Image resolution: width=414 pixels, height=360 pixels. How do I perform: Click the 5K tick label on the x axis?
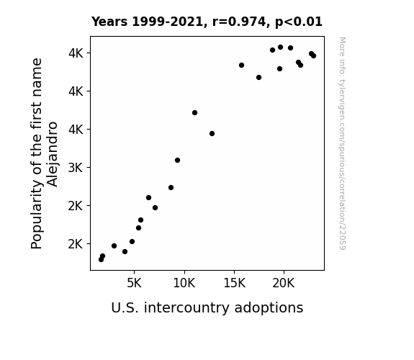tap(134, 284)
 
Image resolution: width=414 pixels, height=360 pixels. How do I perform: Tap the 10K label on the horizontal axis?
tap(184, 284)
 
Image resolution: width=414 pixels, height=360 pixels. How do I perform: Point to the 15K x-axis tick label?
tap(234, 284)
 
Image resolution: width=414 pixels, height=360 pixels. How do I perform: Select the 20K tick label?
tap(283, 284)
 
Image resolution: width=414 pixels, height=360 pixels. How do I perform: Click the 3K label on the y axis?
tap(76, 168)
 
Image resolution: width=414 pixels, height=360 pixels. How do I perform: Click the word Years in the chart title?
tap(109, 22)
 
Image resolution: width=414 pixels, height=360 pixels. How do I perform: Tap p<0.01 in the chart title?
tap(299, 22)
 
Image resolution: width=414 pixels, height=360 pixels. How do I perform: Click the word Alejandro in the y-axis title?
tap(53, 154)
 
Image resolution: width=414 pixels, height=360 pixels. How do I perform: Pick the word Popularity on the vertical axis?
tap(37, 215)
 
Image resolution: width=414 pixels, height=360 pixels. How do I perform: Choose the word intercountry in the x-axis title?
tap(186, 307)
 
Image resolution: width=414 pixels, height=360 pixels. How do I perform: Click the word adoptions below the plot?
tap(269, 308)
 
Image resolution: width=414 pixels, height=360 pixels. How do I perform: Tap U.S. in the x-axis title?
tap(125, 308)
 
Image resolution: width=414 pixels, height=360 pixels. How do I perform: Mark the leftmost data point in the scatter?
tap(101, 260)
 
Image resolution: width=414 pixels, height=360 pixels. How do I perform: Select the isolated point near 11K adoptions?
tap(194, 113)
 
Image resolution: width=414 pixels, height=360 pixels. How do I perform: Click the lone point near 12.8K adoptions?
tap(212, 134)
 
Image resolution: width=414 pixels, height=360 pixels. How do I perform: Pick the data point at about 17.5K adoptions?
tap(258, 77)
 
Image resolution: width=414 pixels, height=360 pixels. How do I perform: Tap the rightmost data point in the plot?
tap(313, 55)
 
